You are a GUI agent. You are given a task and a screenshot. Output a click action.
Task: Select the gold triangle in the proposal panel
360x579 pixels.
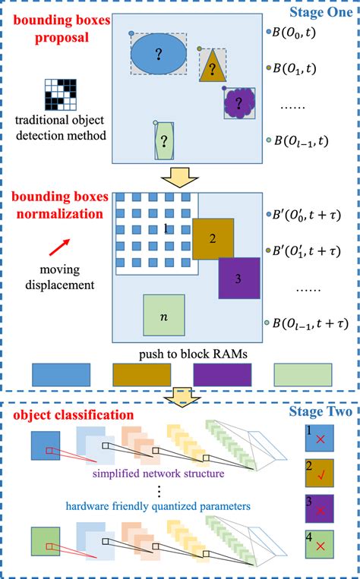click(x=213, y=68)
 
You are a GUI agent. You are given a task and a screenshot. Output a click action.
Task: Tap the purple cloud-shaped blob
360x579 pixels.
click(x=241, y=102)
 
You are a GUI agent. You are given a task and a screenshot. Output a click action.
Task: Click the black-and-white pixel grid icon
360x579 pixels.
click(x=65, y=93)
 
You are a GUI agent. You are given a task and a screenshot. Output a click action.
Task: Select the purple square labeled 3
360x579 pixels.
click(x=239, y=278)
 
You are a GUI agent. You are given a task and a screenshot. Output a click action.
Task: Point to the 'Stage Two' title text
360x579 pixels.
click(x=320, y=413)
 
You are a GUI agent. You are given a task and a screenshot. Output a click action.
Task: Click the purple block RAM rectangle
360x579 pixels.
click(x=222, y=375)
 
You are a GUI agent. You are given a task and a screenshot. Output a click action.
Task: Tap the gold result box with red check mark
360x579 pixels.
click(x=318, y=472)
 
